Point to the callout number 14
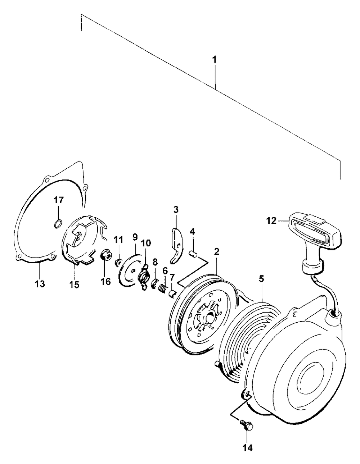[248, 447]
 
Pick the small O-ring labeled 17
[57, 225]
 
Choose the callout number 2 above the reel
[217, 252]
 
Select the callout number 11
[119, 239]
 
